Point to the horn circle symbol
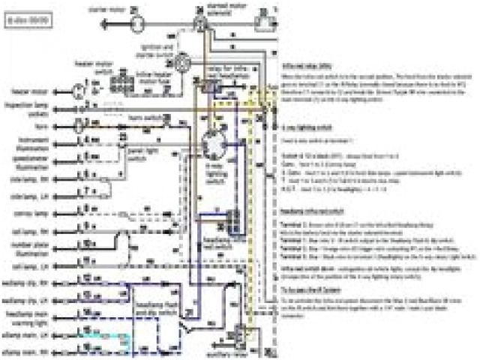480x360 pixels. click(x=76, y=127)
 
